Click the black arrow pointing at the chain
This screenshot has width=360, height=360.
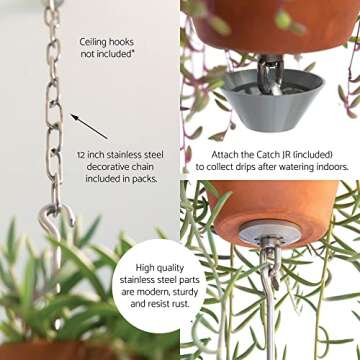click(89, 126)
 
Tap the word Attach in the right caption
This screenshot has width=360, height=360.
click(227, 155)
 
